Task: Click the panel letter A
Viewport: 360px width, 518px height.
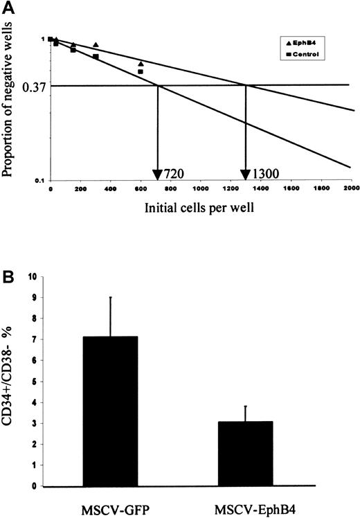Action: point(8,8)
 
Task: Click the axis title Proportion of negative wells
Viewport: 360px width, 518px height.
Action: point(11,108)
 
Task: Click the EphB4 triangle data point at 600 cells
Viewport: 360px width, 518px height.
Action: point(141,64)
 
